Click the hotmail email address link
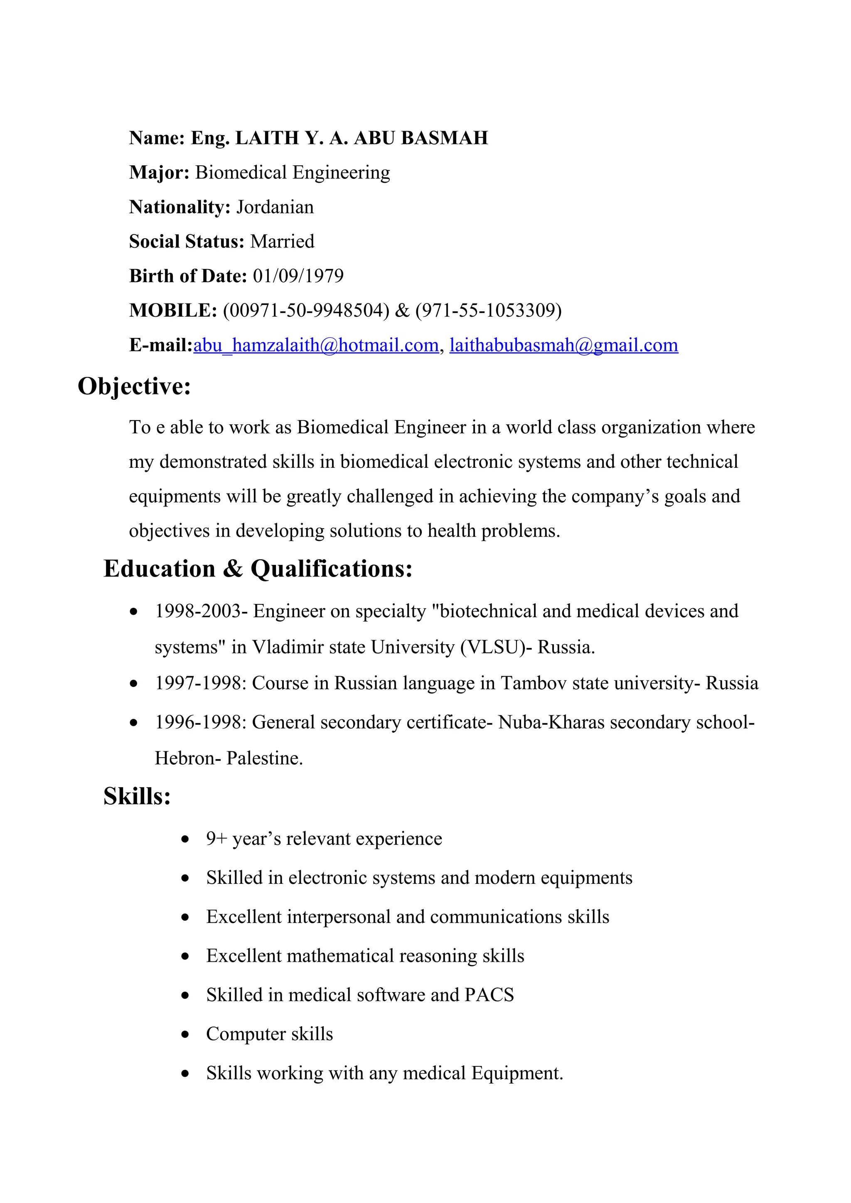click(x=316, y=345)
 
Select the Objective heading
click(x=134, y=387)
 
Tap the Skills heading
click(x=137, y=797)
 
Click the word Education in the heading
click(x=160, y=569)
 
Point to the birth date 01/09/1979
click(x=298, y=276)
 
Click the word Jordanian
click(x=275, y=208)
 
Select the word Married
click(x=282, y=242)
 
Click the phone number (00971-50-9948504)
click(x=306, y=311)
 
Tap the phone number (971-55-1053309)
click(x=488, y=311)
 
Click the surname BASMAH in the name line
click(x=444, y=138)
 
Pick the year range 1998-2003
click(x=198, y=611)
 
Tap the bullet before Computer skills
click(x=184, y=1035)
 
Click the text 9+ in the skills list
click(x=216, y=839)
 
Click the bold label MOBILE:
click(x=173, y=311)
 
